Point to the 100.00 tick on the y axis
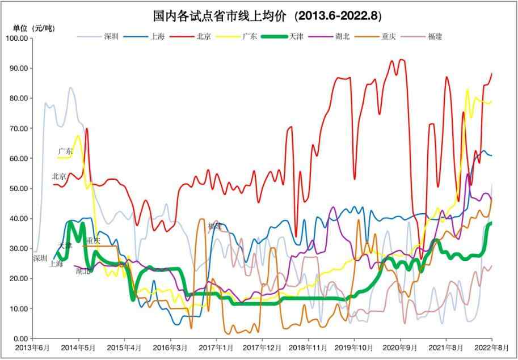(x=16, y=39)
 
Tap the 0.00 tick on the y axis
(x=20, y=339)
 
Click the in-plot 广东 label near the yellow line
(x=65, y=151)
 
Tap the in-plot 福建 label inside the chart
(x=215, y=226)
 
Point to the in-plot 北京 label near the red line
(x=59, y=176)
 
